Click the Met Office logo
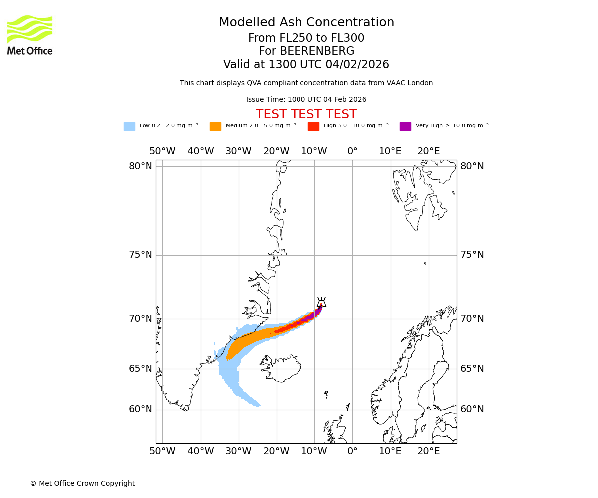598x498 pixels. point(30,35)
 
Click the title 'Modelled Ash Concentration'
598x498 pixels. point(306,23)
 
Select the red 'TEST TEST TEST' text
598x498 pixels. point(306,115)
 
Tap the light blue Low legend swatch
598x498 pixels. point(129,126)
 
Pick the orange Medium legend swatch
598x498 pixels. point(215,126)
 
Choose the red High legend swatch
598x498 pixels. point(313,126)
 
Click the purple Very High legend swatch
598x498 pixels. point(405,126)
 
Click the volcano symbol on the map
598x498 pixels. point(321,303)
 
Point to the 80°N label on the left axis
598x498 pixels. point(141,166)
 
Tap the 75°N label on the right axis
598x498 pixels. point(472,255)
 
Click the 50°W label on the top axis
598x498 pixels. point(162,151)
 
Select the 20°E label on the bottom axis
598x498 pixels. point(429,451)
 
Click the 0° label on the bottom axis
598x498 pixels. point(352,451)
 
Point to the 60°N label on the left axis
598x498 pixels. point(141,409)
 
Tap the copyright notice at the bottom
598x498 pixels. point(82,483)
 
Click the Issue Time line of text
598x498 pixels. point(306,100)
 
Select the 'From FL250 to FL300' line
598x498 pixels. point(306,38)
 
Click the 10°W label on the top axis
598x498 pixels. point(314,151)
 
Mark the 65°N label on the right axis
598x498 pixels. point(472,369)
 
